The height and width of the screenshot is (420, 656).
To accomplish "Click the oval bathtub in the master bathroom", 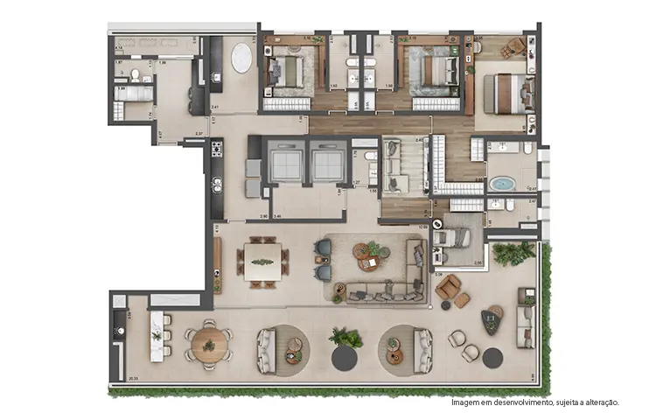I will pyautogui.click(x=501, y=185).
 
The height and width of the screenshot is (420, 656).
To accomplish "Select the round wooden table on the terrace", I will pyautogui.click(x=209, y=343).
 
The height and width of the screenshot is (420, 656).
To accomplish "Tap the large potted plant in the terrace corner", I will pyautogui.click(x=514, y=254).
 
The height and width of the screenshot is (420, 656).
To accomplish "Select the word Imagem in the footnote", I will pyautogui.click(x=465, y=402).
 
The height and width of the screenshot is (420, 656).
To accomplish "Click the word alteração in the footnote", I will pyautogui.click(x=601, y=402).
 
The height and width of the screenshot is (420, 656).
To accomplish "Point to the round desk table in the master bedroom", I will pyautogui.click(x=517, y=45).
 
